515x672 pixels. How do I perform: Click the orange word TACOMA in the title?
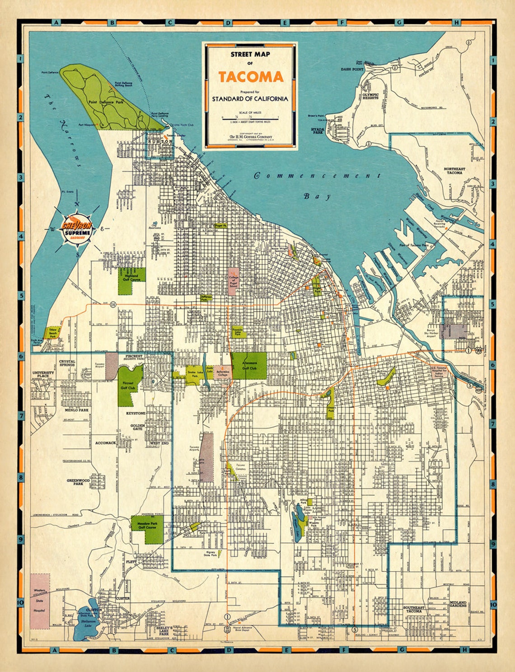251,77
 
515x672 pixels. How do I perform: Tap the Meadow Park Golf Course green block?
147,530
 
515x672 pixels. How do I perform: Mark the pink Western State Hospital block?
40,601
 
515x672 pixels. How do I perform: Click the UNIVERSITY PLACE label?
43,375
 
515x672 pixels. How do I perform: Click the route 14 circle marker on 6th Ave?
112,305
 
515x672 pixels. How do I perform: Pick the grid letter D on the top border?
228,22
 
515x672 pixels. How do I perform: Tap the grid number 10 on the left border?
20,603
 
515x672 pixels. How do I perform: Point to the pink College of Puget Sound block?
234,282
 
